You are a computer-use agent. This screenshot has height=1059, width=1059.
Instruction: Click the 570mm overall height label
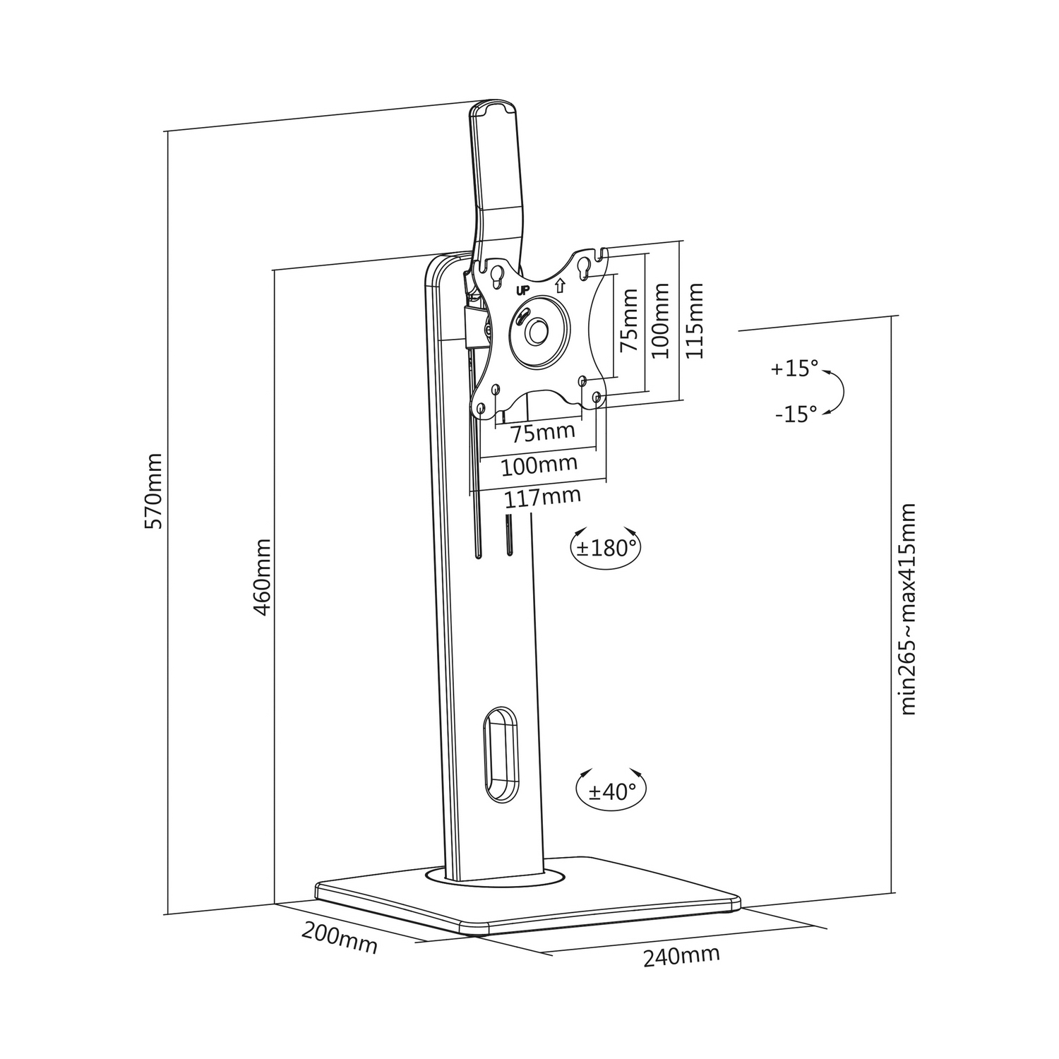pos(153,491)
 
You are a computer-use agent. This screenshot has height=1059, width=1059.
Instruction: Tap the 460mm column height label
pos(261,578)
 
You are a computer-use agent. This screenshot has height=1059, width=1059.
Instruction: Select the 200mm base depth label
pos(340,938)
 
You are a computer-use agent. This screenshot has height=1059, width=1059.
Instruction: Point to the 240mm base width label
pos(681,956)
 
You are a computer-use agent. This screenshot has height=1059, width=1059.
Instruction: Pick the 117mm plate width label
pos(542,497)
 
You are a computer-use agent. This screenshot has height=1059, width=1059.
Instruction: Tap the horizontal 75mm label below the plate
pos(544,431)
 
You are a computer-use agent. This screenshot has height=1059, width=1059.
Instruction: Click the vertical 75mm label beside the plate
pos(628,320)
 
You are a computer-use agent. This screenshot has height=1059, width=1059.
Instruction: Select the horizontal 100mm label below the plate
pos(539,465)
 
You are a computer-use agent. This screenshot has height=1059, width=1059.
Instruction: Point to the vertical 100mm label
pos(660,321)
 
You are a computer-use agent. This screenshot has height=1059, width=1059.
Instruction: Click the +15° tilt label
pos(794,369)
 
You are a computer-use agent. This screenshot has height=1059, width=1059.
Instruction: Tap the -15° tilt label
pos(796,413)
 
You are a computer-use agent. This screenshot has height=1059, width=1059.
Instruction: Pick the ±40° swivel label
pos(612,791)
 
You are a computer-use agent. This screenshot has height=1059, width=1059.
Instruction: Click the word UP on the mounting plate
pos(523,290)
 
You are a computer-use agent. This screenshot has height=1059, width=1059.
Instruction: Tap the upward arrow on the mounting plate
pos(560,286)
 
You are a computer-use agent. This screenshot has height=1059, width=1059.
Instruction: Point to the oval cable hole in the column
pos(501,753)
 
